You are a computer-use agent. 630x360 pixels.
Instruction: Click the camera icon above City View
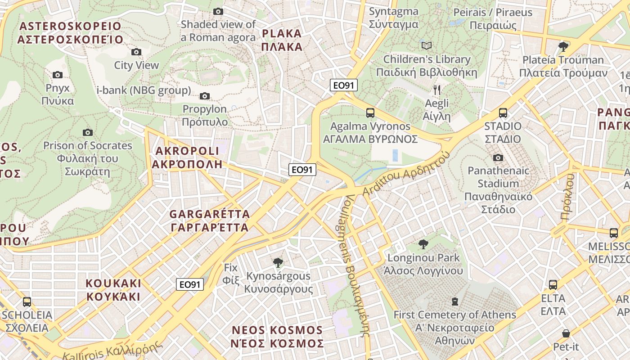pos(136,52)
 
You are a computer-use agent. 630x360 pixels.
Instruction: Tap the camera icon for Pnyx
pos(58,75)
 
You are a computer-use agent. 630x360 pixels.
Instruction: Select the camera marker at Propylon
pos(205,96)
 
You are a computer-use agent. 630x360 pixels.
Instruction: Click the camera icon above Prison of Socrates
pos(88,132)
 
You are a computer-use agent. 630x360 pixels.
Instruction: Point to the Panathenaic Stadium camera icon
pos(498,157)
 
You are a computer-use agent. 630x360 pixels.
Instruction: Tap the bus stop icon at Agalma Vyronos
pos(370,113)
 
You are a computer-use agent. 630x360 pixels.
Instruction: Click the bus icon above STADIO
pos(503,113)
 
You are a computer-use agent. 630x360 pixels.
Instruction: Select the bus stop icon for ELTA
pos(553,285)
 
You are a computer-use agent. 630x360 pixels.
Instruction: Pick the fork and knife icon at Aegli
pos(436,90)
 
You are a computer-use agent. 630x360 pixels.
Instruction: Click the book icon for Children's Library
pos(426,46)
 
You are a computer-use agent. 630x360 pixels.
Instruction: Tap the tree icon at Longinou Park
pos(423,244)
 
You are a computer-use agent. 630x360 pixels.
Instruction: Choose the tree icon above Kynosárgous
pos(278,262)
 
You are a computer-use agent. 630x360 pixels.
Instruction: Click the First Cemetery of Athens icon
pos(455,301)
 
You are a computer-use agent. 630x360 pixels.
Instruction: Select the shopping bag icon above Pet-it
pos(566,333)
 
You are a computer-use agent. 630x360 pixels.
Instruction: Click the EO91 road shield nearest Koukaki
pos(189,284)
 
